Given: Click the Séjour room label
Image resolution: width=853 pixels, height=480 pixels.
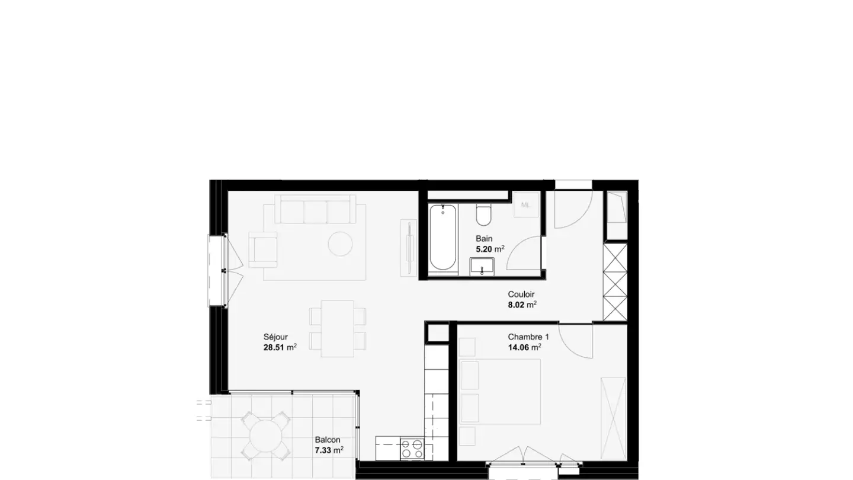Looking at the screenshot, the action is [x=275, y=337].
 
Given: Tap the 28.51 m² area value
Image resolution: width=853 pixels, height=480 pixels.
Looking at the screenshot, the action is [x=280, y=347].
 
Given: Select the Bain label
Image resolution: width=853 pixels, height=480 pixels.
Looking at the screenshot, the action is [x=484, y=239].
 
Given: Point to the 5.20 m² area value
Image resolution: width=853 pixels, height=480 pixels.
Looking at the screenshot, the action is [x=490, y=249].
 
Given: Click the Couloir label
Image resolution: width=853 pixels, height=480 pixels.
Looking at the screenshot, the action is [x=521, y=295].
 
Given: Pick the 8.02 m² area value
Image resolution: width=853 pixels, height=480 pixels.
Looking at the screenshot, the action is [x=522, y=305].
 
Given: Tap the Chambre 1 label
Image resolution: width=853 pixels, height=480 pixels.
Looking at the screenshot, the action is [x=528, y=337].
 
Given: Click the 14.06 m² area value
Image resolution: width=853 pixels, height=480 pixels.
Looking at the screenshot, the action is [x=524, y=347].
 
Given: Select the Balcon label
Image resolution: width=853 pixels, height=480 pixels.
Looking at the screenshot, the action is [x=328, y=440].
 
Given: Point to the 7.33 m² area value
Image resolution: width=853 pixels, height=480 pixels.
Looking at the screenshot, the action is [x=329, y=450].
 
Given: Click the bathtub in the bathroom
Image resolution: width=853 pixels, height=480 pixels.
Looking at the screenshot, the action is [x=443, y=239].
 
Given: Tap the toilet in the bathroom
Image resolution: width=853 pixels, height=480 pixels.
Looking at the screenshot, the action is [x=483, y=215].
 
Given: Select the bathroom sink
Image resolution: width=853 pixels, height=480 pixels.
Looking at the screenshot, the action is [x=482, y=266].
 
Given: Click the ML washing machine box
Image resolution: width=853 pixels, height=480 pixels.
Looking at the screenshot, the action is [x=526, y=204].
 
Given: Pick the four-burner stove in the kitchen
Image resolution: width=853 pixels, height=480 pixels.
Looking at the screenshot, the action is [x=412, y=449].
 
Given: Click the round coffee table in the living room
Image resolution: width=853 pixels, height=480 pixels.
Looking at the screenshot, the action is [x=341, y=244].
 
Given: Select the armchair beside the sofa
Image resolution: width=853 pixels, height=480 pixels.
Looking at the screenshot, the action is [x=262, y=249].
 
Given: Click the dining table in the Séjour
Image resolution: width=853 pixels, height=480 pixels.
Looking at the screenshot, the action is [x=338, y=328].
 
